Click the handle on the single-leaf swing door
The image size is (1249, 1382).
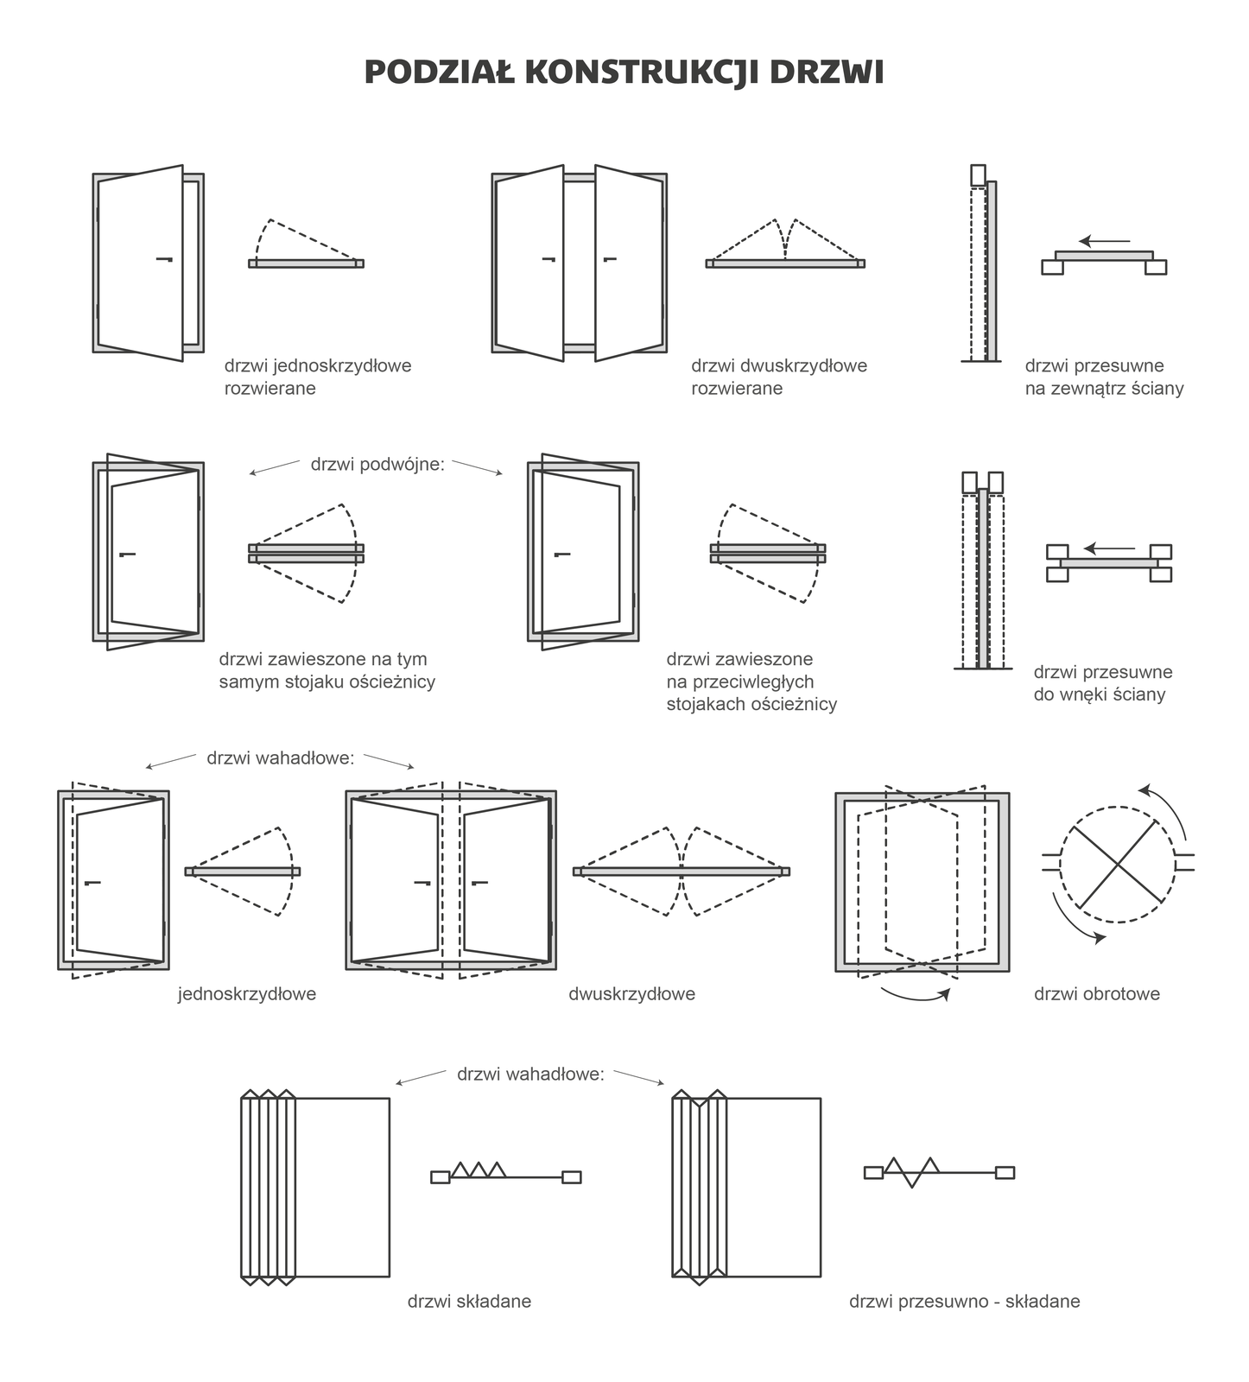pos(164,258)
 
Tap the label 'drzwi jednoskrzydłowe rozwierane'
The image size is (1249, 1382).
pos(318,377)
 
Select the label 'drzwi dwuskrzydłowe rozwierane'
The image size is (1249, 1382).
pos(778,377)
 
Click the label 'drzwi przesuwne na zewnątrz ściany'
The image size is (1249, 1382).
pos(1104,377)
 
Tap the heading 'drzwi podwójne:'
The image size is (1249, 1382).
pos(377,465)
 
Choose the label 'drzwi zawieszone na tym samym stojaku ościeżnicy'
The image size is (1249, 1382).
pos(327,670)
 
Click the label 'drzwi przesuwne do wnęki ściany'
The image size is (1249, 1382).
pos(1102,683)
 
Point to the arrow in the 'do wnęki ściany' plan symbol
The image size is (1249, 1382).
pos(1109,548)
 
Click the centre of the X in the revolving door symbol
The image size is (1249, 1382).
pos(1118,864)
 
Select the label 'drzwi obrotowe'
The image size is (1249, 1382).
pos(1096,994)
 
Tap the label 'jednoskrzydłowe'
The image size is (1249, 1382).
pos(247,994)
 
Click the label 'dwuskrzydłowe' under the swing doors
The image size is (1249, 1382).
pos(631,994)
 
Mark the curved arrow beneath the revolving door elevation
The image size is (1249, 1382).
pos(916,996)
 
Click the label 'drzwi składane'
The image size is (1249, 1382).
pos(469,1302)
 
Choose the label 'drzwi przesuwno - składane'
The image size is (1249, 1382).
pos(964,1302)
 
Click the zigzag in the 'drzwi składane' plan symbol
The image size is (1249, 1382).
pos(479,1170)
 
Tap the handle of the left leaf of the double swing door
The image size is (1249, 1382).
pos(548,258)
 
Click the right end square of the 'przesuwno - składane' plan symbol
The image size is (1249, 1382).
pos(1005,1172)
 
